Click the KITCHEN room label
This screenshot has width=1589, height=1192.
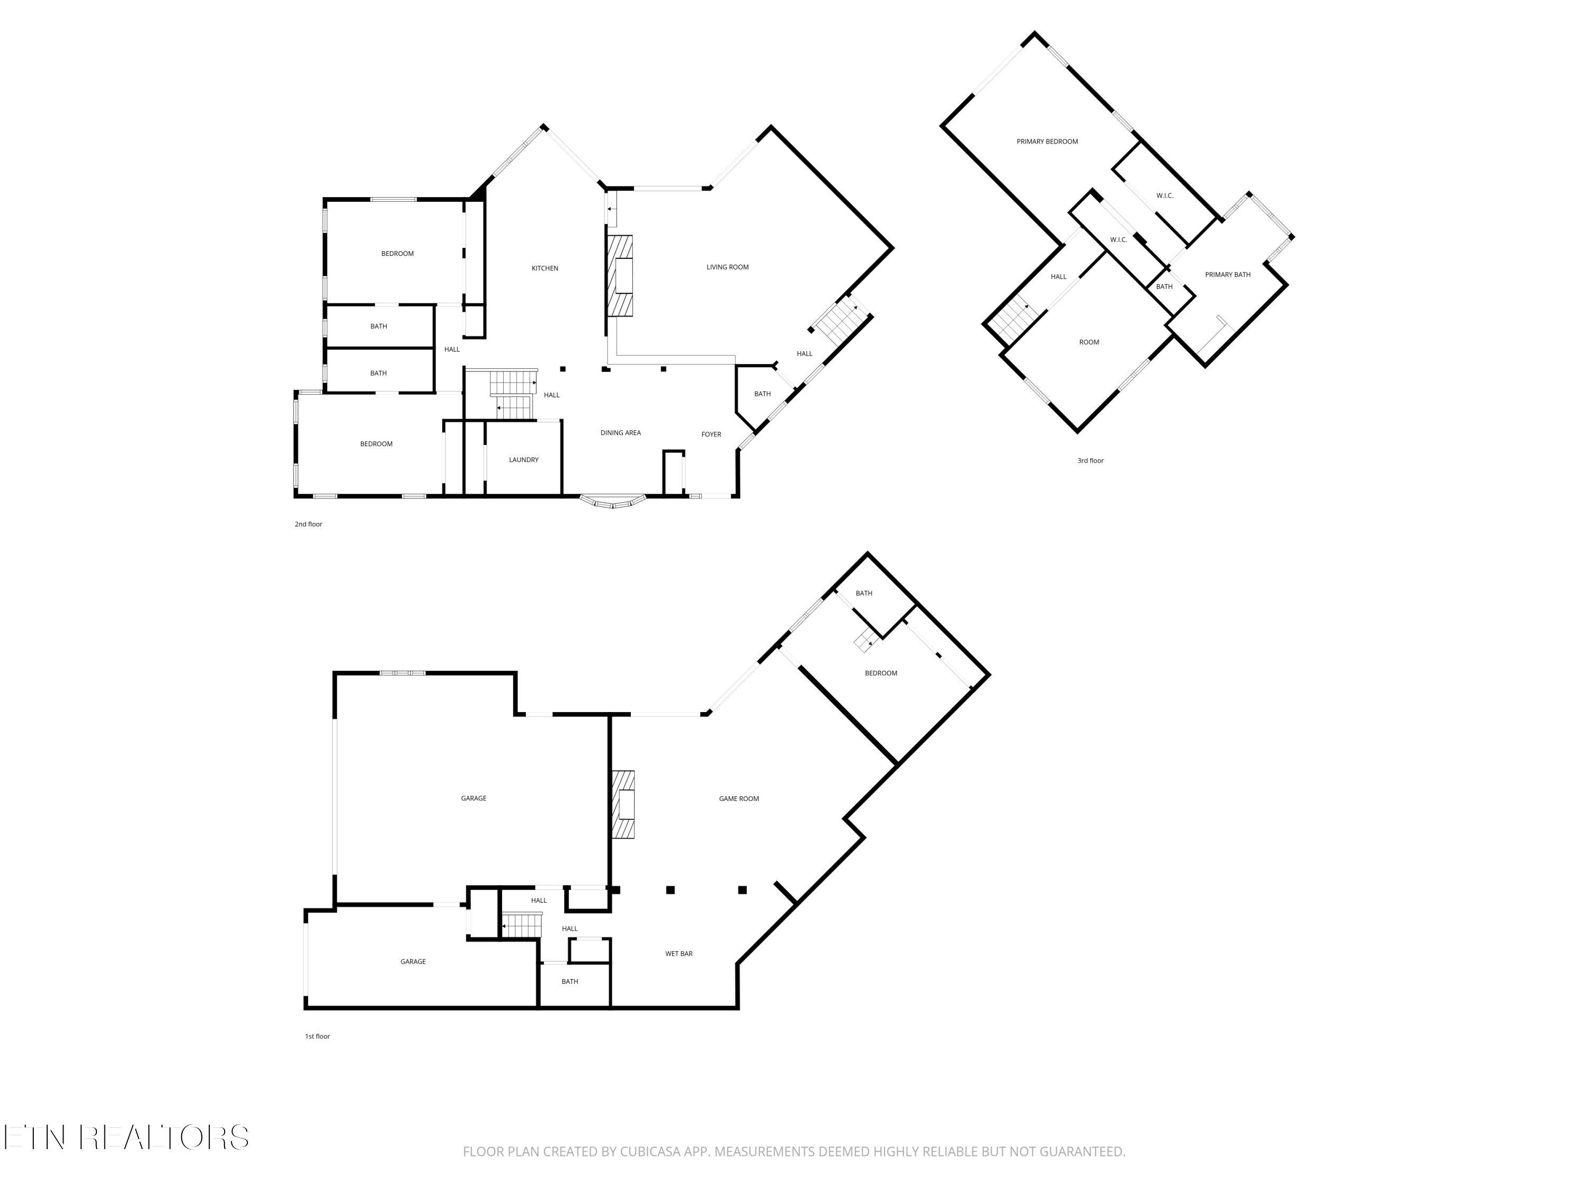pos(544,269)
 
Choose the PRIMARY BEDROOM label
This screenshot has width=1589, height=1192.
pos(1047,141)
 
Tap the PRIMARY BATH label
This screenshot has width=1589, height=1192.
pos(1227,275)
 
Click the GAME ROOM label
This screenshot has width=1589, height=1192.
pos(738,799)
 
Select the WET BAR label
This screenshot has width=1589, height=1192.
pos(678,954)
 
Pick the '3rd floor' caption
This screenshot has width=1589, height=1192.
pos(1090,460)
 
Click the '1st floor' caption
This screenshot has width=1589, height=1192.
pos(317,1036)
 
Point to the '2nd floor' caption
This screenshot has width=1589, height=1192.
pos(308,524)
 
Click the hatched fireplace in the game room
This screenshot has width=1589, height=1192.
pos(623,805)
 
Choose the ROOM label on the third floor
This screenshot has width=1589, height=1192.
pos(1088,343)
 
